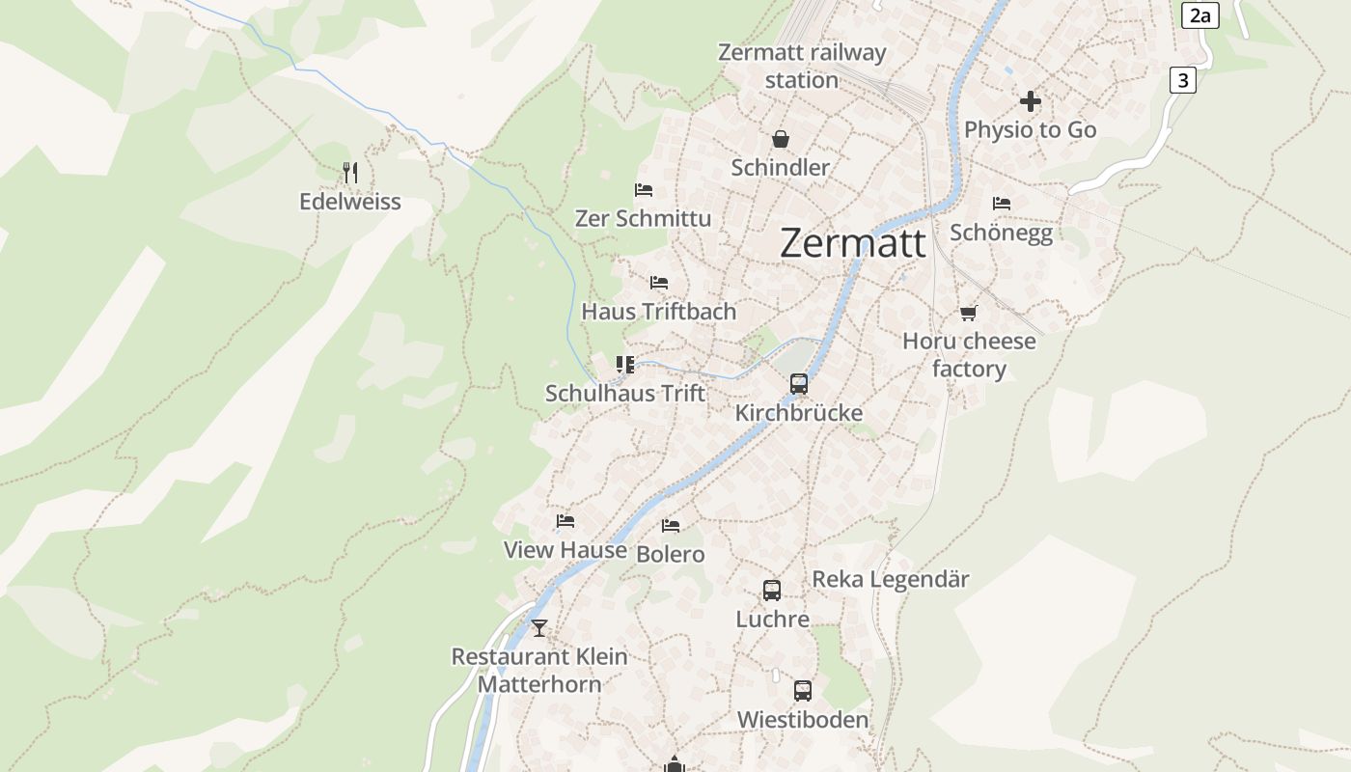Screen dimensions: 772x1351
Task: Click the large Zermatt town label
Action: tap(853, 243)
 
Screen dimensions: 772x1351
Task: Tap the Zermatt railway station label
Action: tap(801, 66)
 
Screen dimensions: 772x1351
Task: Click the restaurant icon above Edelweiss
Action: tap(350, 173)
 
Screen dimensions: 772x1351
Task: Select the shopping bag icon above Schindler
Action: tap(780, 139)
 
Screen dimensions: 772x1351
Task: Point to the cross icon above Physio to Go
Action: tap(1030, 101)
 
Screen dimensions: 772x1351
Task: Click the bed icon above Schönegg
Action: tap(1002, 204)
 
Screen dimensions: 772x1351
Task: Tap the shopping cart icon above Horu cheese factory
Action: tap(968, 313)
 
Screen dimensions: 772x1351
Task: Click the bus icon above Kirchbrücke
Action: tap(799, 384)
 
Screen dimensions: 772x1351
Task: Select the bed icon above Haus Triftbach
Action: tap(659, 283)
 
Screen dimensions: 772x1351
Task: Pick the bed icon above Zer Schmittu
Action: tap(644, 190)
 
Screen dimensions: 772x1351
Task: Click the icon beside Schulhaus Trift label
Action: tap(625, 365)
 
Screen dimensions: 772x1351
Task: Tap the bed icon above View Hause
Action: tap(565, 521)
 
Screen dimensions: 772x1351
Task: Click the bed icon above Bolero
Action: tap(671, 526)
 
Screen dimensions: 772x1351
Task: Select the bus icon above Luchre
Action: tap(772, 590)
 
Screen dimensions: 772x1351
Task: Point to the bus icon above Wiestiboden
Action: tap(803, 691)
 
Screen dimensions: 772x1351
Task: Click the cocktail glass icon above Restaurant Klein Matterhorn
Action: tap(539, 628)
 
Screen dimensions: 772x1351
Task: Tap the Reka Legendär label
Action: tap(891, 579)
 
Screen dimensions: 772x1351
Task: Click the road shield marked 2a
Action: tap(1199, 15)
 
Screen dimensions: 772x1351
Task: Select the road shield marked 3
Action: tap(1182, 80)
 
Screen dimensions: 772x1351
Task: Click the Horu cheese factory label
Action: tap(969, 354)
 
